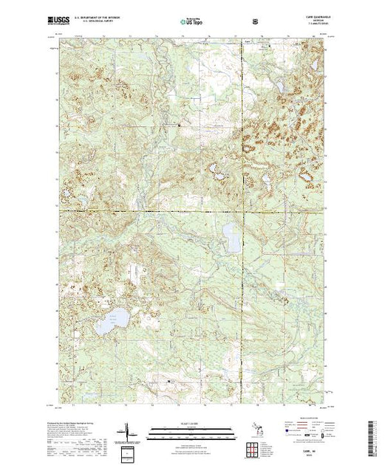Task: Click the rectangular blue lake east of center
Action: click(231, 238)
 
